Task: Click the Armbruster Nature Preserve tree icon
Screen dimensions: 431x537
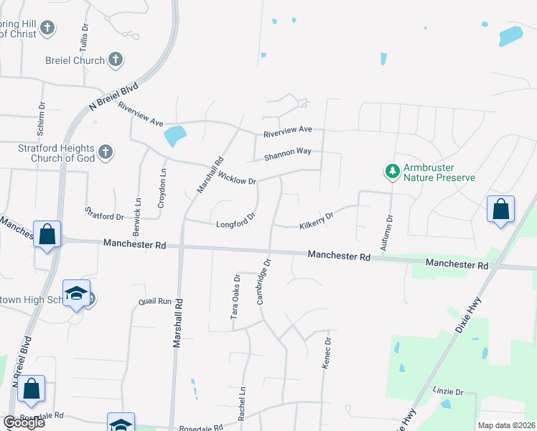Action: [x=392, y=171]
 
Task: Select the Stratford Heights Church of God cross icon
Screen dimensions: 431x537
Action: [x=106, y=152]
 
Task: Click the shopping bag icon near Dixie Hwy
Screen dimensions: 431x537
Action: [x=500, y=209]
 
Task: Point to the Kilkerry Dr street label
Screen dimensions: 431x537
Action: [x=317, y=221]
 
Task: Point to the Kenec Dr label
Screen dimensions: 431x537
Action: [x=327, y=353]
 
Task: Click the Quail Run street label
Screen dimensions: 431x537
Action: [x=155, y=302]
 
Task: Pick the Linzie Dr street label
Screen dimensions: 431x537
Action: [x=449, y=392]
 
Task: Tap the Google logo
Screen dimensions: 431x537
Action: [x=24, y=422]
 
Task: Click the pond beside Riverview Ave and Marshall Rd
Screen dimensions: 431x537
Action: [x=175, y=134]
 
